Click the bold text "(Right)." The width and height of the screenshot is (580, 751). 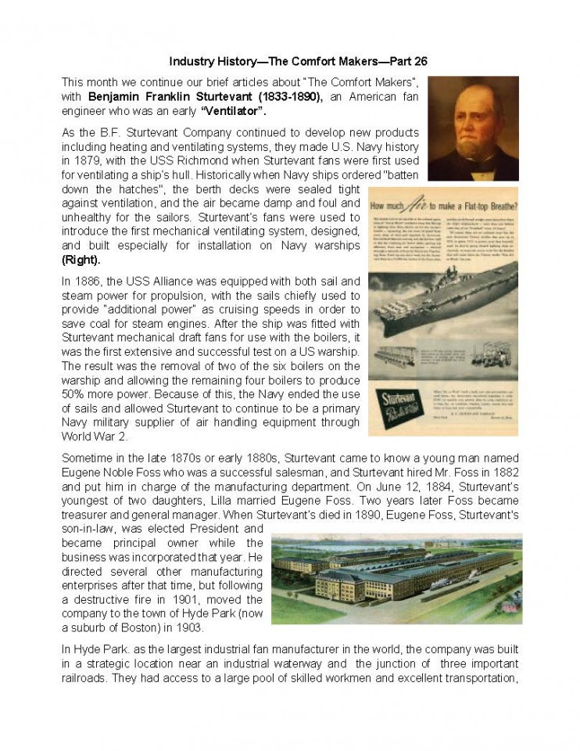81,259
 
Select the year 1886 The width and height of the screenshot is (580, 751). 89,280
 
